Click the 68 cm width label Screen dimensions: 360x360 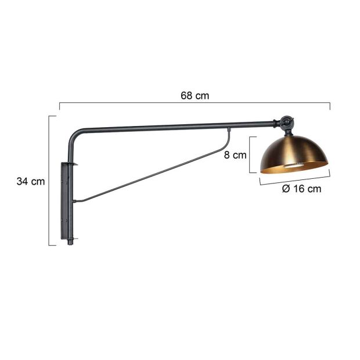[194, 96]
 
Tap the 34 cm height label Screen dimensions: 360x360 [30, 181]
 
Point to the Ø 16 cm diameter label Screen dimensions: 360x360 [301, 189]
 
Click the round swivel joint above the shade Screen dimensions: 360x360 [286, 123]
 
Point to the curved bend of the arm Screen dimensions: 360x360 [74, 135]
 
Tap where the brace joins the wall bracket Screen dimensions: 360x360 [75, 201]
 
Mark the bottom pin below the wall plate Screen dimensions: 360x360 [71, 241]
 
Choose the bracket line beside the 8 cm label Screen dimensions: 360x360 [250, 154]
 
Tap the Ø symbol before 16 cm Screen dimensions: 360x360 [286, 189]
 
